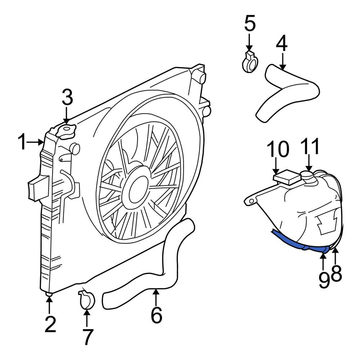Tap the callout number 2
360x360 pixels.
pos(50,324)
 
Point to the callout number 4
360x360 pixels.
pos(282,44)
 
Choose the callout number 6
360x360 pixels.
pos(156,315)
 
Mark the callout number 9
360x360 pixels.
pos(323,280)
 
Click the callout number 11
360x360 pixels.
pos(310,147)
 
